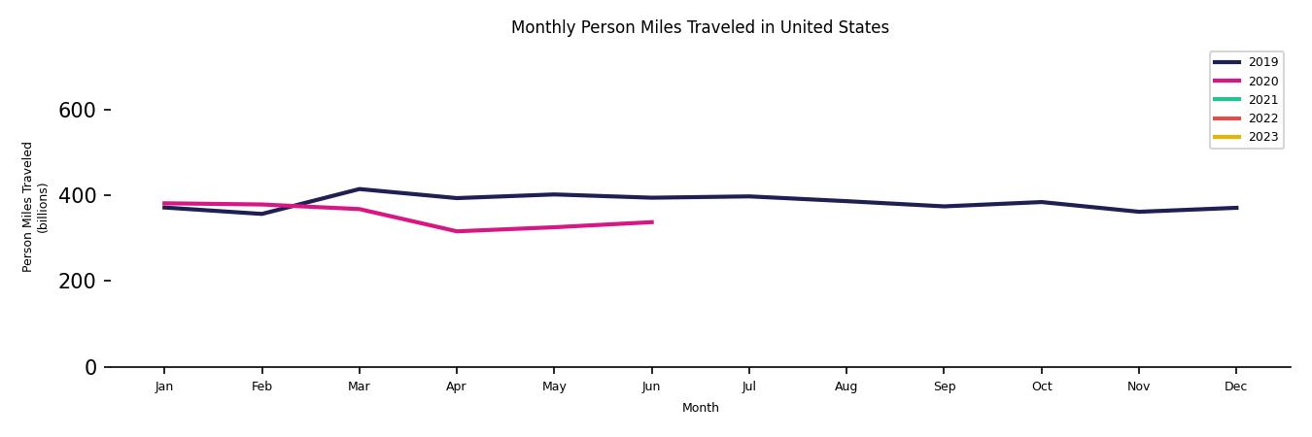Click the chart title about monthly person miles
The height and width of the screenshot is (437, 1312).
pos(700,27)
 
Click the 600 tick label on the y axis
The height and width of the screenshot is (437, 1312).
pos(77,111)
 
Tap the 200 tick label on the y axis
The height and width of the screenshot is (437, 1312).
pos(77,282)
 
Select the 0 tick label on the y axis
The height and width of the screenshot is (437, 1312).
pos(90,367)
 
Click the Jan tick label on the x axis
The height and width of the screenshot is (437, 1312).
pos(164,387)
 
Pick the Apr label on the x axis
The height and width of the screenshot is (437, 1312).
pos(456,387)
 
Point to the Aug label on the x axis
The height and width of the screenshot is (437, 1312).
pos(846,387)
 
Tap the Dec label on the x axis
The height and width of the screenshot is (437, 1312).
pos(1235,387)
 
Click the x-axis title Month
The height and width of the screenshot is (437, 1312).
pos(700,408)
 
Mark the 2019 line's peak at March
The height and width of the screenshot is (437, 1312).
pos(359,189)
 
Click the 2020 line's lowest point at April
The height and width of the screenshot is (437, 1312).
pos(456,231)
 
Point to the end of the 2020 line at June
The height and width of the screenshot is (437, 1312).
pos(651,222)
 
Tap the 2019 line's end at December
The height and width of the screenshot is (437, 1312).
pos(1235,208)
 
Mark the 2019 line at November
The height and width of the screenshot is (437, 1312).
pos(1138,212)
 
